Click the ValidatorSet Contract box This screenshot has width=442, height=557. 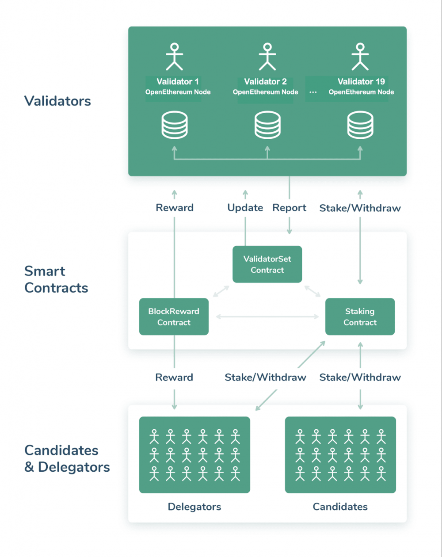click(x=267, y=264)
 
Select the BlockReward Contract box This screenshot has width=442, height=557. click(x=174, y=317)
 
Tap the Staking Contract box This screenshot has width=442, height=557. click(x=360, y=317)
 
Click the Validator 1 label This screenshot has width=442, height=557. click(x=178, y=82)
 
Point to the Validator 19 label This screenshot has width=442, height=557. click(x=361, y=82)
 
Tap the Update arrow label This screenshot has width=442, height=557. click(x=245, y=208)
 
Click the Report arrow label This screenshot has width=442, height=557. click(x=290, y=208)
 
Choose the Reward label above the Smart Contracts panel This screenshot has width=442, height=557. click(x=175, y=208)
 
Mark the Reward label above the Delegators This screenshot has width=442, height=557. click(x=174, y=377)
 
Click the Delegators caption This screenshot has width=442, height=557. click(x=194, y=507)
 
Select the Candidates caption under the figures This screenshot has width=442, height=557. click(x=340, y=507)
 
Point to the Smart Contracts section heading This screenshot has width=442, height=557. click(x=56, y=279)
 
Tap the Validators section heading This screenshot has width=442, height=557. click(x=57, y=101)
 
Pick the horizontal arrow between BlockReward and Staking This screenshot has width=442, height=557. click(x=267, y=317)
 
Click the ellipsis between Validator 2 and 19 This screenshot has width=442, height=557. click(x=313, y=92)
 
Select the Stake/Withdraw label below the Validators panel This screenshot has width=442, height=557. click(x=360, y=208)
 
